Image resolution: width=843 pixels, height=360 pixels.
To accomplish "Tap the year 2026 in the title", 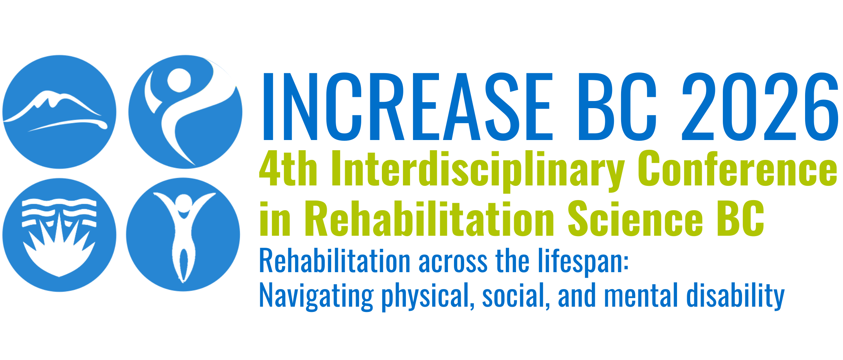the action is tap(760, 106).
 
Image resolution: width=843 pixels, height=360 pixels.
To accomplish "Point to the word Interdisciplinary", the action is tap(477, 171).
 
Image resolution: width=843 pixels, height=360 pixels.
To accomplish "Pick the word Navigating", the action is tap(317, 297).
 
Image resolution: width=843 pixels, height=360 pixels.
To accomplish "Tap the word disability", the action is tap(736, 297).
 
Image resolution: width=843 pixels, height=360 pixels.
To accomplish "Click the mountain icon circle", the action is tap(59, 112).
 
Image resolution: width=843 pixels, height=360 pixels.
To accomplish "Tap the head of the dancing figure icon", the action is tap(179, 80).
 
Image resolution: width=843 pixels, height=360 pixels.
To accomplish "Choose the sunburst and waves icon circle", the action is tap(59, 235).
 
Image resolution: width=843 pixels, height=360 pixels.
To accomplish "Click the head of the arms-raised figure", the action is tap(184, 203).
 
